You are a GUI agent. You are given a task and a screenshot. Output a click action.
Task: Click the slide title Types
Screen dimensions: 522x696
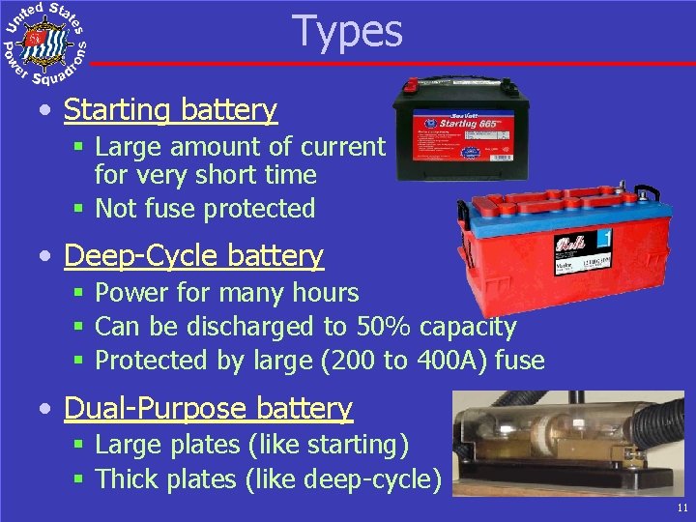click(347, 31)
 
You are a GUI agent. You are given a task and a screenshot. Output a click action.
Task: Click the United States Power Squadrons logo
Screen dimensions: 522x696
click(45, 42)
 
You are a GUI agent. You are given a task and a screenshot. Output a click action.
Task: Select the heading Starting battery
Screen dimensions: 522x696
click(170, 110)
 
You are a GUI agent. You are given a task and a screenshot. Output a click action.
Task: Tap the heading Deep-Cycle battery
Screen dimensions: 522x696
click(193, 256)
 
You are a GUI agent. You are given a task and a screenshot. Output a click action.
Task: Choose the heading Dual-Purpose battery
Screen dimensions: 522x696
click(208, 409)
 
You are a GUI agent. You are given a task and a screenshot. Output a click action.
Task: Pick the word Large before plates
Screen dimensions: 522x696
click(130, 446)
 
